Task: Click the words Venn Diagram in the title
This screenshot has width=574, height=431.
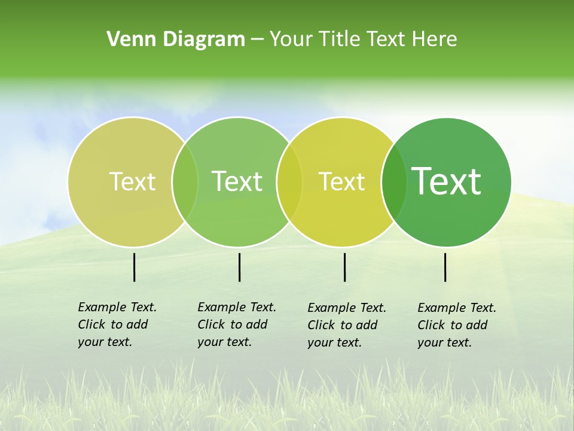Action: [175, 40]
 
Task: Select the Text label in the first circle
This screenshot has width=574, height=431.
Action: [132, 181]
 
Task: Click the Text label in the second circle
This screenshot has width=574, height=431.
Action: [237, 181]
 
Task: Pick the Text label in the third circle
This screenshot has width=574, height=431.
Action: [341, 181]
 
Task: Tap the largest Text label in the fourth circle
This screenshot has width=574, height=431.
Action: [446, 181]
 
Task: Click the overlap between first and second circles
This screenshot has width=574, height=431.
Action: [185, 181]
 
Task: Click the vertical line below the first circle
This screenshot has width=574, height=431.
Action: [135, 267]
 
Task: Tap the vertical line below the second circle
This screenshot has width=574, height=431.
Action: [239, 267]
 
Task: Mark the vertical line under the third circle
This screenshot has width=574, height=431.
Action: [344, 267]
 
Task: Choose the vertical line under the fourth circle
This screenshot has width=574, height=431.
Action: [445, 267]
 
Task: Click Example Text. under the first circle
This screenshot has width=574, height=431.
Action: [117, 307]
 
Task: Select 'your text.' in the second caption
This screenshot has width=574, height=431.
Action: [224, 342]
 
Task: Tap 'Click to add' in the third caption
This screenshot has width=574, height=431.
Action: [343, 325]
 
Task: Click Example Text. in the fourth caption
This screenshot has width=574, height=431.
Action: [457, 308]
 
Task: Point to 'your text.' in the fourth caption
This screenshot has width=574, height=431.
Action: [444, 342]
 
